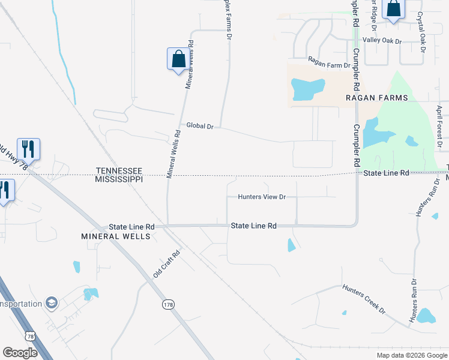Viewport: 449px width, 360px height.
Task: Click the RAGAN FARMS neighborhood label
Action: (x=376, y=98)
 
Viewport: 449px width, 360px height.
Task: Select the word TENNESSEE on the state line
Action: (x=119, y=171)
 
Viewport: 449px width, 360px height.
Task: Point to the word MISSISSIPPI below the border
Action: (x=119, y=179)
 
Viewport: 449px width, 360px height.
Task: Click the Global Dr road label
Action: (x=200, y=126)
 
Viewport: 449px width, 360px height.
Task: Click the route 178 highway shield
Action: (x=168, y=305)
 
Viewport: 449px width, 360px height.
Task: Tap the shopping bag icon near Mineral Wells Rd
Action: (x=178, y=59)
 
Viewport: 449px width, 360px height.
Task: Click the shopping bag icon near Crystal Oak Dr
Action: (x=394, y=9)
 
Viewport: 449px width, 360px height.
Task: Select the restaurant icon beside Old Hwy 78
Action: (x=28, y=148)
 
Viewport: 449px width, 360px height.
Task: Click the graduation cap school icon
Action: (x=52, y=303)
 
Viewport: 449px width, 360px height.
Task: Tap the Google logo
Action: (x=20, y=353)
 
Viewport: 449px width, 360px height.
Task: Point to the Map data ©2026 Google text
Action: (x=411, y=355)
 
